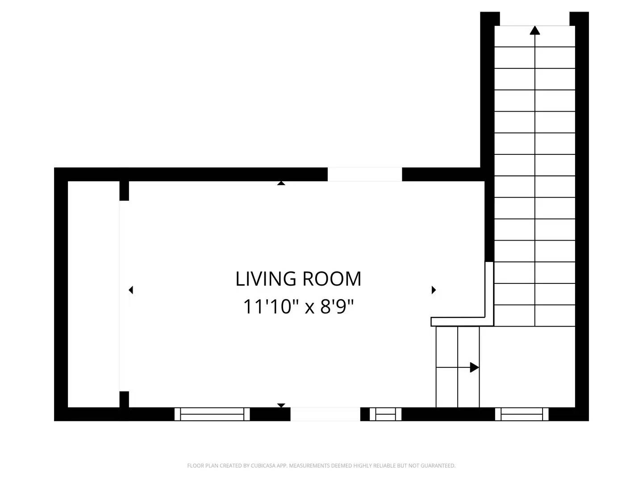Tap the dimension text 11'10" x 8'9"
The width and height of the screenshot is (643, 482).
(299, 307)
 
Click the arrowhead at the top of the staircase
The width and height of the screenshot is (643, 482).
(534, 30)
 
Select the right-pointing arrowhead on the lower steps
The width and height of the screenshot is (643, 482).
(474, 367)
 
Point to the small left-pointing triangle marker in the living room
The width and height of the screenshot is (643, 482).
(131, 290)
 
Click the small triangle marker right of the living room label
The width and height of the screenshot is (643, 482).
(434, 290)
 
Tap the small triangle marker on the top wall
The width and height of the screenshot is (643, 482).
(281, 183)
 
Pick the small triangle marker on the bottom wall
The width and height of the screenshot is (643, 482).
(281, 405)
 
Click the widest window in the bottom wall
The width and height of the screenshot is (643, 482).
(212, 414)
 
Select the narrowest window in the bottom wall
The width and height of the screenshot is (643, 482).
(385, 414)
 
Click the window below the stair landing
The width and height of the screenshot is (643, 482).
(522, 414)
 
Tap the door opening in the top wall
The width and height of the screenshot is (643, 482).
(365, 175)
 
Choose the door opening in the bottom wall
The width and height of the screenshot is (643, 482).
(325, 414)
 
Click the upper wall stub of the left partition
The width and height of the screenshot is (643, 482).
(124, 191)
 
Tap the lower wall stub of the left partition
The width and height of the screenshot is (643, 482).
(124, 399)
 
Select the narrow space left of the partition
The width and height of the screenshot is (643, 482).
(94, 294)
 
